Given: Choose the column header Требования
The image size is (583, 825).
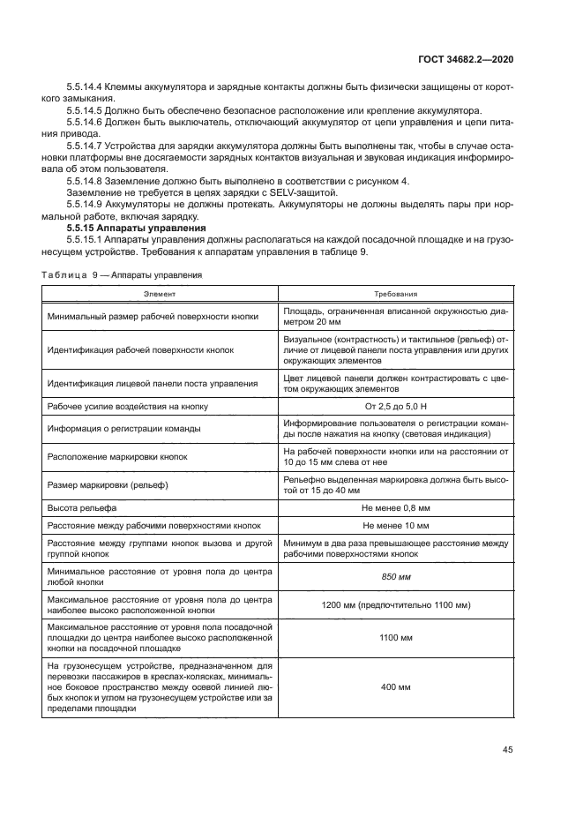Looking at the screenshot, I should click(394, 294).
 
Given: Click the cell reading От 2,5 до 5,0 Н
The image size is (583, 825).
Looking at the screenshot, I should click(395, 406).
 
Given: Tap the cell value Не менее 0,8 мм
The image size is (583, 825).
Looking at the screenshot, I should click(395, 509).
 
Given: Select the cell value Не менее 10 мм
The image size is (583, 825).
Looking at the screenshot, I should click(395, 524).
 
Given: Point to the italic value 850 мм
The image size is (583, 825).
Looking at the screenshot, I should click(395, 576).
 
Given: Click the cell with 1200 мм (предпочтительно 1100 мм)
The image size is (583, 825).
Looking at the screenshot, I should click(395, 604).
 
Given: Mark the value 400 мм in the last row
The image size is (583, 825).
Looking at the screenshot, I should click(395, 687).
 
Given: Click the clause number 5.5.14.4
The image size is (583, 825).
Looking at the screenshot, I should click(85, 87).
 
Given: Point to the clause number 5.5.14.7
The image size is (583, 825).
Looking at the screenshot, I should click(85, 145).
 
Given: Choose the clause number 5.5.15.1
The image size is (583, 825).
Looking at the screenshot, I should click(85, 239).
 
